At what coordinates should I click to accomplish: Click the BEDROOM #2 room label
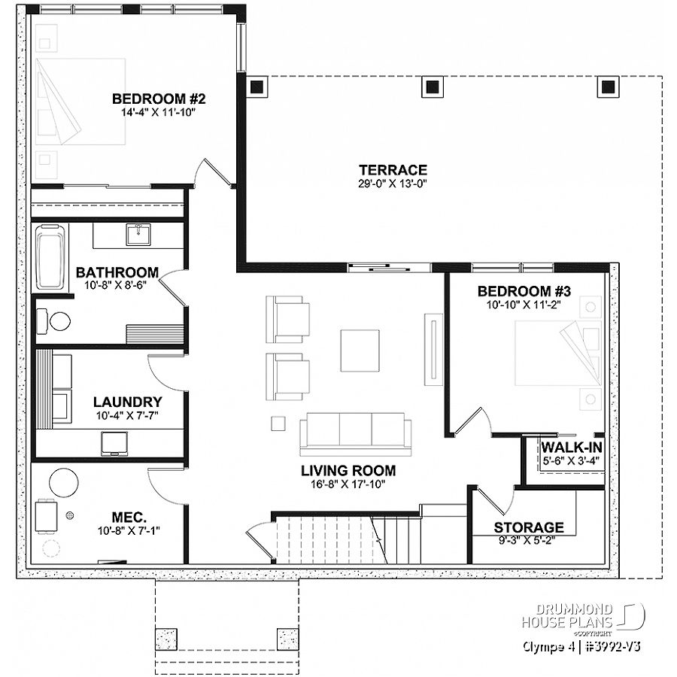tap(159, 99)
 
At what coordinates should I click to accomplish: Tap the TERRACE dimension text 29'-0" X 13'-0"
tap(393, 184)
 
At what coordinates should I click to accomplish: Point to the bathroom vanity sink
tap(138, 235)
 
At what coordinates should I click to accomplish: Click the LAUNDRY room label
tap(127, 402)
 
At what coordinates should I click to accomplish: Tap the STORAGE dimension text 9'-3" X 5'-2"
tap(528, 540)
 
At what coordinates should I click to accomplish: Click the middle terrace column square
tap(433, 87)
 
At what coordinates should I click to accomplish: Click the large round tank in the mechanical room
tap(64, 481)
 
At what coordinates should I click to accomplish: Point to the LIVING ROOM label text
tap(348, 471)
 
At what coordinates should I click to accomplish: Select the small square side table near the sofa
tap(278, 423)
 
